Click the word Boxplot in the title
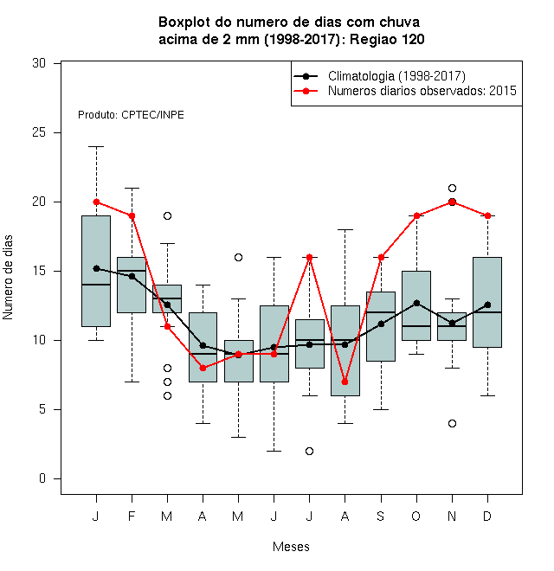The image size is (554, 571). click(x=184, y=22)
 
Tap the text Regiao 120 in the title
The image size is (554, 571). click(x=387, y=39)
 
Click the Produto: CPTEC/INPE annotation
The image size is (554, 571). click(x=131, y=115)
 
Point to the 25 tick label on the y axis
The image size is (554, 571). click(x=39, y=132)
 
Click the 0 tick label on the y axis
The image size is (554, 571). click(x=42, y=478)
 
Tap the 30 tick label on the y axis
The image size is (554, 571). click(x=39, y=63)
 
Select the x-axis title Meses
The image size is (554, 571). click(x=291, y=547)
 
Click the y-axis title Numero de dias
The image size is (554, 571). click(x=8, y=278)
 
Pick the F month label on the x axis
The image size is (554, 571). click(x=132, y=516)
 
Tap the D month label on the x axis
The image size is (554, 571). click(x=487, y=516)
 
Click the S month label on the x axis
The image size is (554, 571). click(x=381, y=516)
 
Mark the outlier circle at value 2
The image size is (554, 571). click(x=309, y=452)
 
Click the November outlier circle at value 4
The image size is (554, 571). click(x=453, y=424)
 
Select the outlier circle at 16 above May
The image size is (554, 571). click(x=238, y=258)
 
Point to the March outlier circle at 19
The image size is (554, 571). click(x=167, y=216)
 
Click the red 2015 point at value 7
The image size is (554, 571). click(x=345, y=382)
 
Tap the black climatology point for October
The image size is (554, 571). click(x=416, y=303)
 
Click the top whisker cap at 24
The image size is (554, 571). click(x=96, y=147)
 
